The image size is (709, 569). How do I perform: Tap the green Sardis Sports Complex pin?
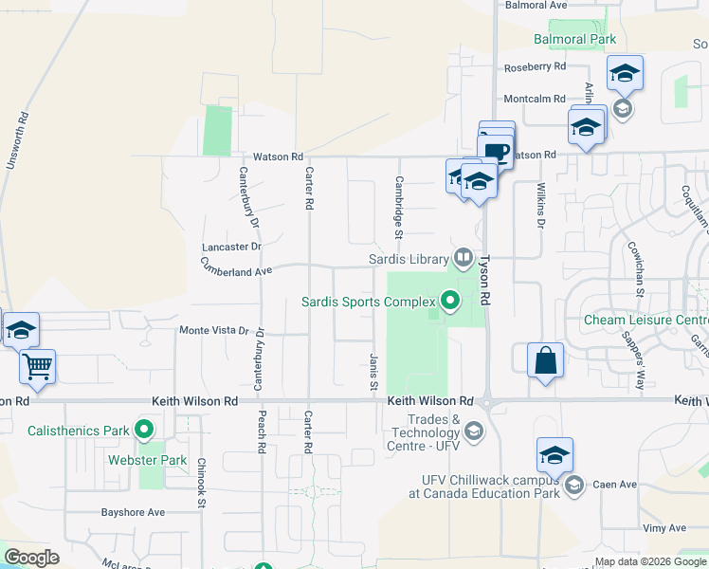(450, 302)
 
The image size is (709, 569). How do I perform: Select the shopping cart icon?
(37, 365)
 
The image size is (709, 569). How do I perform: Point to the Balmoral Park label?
(574, 39)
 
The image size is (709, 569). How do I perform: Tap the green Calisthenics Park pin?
(144, 431)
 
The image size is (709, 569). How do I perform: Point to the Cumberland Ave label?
(223, 270)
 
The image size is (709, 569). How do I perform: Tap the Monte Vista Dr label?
(213, 330)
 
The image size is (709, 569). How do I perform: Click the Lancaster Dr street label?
(231, 247)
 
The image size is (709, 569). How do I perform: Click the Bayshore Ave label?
(134, 512)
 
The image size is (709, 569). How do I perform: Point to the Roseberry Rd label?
(535, 67)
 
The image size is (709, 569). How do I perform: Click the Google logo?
(31, 558)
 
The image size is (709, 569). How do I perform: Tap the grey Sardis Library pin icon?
(463, 256)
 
